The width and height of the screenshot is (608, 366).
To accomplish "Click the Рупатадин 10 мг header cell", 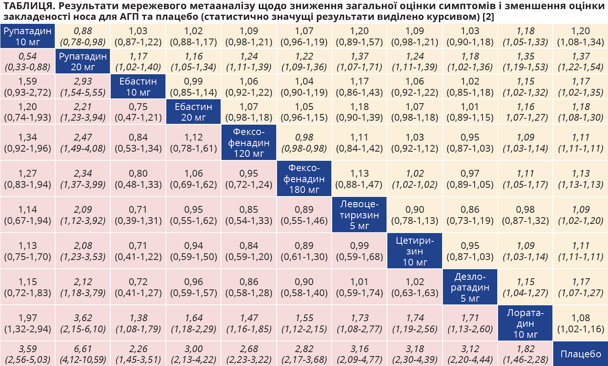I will tap(27, 36).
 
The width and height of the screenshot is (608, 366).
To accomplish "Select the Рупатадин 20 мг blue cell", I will tap(83, 62).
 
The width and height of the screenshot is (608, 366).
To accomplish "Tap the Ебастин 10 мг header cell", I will tap(138, 87).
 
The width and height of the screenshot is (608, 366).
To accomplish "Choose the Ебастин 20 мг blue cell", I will tap(193, 112).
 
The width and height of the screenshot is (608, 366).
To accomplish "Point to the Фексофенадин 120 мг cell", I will tap(249, 143).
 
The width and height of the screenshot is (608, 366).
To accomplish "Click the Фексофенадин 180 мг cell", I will tap(304, 179).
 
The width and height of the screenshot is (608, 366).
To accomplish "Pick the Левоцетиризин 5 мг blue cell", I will tap(359, 215).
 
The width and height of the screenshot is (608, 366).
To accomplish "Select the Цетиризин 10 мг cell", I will tap(415, 251).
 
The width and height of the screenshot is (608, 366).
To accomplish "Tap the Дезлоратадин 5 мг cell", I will tap(470, 287).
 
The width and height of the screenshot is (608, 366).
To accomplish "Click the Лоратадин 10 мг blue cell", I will tap(525, 323).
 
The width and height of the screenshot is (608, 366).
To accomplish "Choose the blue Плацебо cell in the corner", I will tap(581, 354).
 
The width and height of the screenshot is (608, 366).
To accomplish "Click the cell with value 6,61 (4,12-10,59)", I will tap(83, 354).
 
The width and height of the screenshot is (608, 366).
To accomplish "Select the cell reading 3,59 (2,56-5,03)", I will tap(27, 354).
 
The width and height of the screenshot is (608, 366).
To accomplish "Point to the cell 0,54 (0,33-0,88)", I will tap(27, 62).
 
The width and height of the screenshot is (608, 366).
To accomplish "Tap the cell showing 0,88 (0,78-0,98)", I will tap(83, 36).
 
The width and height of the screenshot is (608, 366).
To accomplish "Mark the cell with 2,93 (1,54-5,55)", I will tap(83, 87).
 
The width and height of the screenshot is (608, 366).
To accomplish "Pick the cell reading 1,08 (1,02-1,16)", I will tap(581, 323).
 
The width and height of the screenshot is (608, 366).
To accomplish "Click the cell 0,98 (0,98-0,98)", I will tap(304, 143).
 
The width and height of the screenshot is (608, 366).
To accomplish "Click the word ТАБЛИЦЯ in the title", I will tap(28, 6).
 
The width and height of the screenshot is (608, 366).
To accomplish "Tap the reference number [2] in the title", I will tap(488, 17).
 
